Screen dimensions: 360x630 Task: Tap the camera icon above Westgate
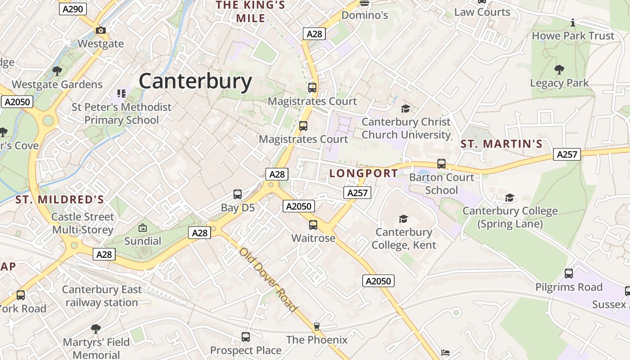coord(101,31)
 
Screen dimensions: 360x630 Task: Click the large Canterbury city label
coord(195,81)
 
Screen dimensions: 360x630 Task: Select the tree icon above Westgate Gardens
coord(57,71)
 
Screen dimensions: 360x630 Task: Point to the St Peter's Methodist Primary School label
coord(121,113)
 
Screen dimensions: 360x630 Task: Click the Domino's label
coord(364,15)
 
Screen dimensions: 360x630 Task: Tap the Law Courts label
coord(482,12)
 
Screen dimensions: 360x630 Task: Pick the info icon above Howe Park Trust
coord(573,22)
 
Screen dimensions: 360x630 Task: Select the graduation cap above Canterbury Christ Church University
coord(405,108)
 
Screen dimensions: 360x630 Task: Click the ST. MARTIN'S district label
coord(502,144)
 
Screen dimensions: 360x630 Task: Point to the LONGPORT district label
coord(364,173)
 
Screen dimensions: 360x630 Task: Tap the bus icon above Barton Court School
coord(441,164)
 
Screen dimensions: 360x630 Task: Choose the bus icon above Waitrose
coord(313,225)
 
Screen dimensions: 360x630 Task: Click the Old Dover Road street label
coord(268,279)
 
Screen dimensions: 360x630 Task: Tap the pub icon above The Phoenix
coord(317,326)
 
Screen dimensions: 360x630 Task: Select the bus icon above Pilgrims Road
coord(569,274)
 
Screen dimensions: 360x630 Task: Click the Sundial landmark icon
coord(143,228)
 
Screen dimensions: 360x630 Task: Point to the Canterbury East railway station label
coord(102,296)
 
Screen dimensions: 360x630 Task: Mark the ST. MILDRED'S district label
coord(60,200)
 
